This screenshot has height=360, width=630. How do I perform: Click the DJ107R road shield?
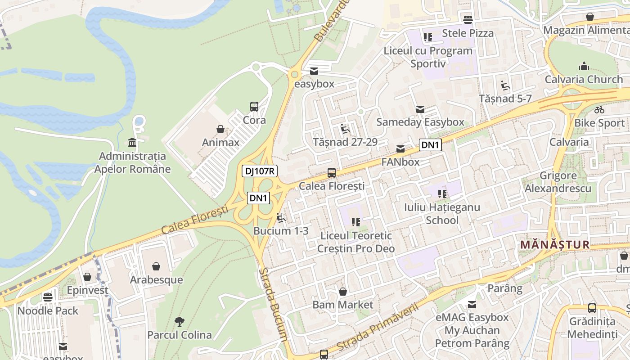(x=260, y=171)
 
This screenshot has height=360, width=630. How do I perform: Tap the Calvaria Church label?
(x=584, y=80)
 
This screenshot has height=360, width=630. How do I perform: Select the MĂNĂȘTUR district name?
(x=554, y=245)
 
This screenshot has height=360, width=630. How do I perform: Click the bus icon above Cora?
(x=254, y=107)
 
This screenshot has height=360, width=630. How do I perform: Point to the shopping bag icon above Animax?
(x=220, y=130)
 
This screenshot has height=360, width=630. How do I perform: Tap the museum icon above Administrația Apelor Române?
(x=132, y=143)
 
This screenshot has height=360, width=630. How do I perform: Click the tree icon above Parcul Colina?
(x=180, y=321)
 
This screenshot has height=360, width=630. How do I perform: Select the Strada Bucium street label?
(x=273, y=304)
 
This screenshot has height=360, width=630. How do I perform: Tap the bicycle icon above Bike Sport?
(x=599, y=110)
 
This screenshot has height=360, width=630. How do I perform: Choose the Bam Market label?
(x=343, y=305)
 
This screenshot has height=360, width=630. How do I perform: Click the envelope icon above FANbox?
(x=400, y=149)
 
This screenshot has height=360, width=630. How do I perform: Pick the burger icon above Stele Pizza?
(x=468, y=19)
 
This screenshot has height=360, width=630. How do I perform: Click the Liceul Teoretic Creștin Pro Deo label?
(x=356, y=242)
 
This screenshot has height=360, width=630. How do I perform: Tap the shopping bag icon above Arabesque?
(x=156, y=266)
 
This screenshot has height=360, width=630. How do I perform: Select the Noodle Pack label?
(x=48, y=310)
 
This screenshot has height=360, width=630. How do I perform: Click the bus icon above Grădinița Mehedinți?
(x=592, y=308)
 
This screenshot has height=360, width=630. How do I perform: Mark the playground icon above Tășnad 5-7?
(x=505, y=85)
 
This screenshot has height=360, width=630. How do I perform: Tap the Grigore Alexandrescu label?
(x=558, y=182)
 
